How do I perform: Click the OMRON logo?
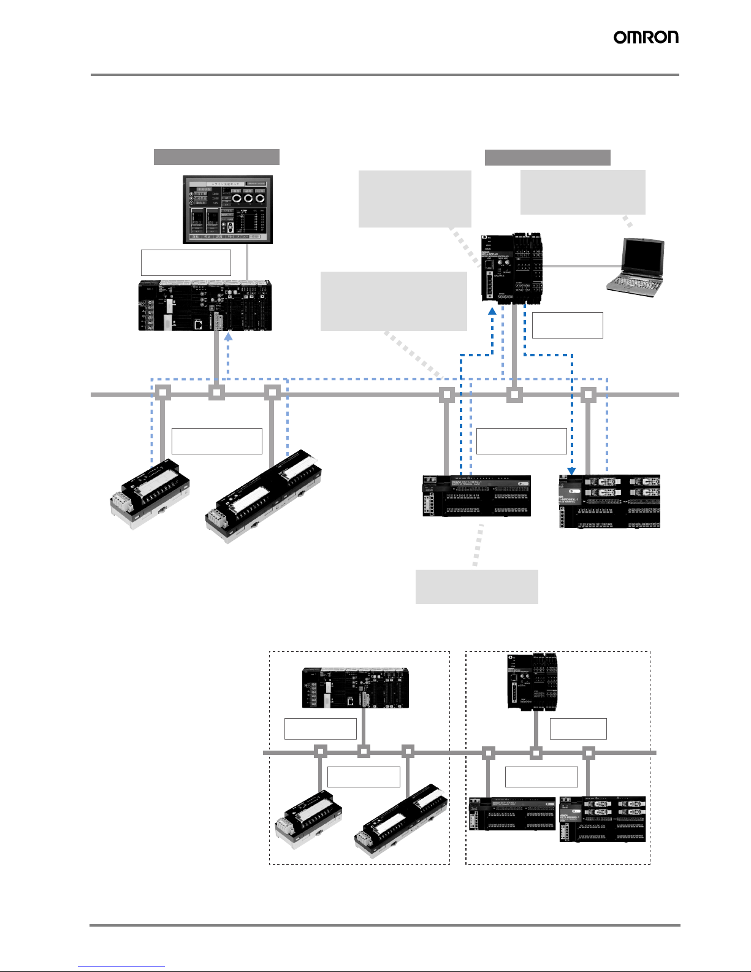[646, 37]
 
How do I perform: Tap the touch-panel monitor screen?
[227, 209]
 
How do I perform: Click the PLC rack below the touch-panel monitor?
[205, 305]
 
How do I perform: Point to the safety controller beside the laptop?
[511, 268]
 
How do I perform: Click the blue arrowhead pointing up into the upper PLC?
[228, 335]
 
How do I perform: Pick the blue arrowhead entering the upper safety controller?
[492, 312]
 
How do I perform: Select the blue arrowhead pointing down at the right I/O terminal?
[571, 471]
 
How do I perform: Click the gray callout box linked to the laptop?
[582, 192]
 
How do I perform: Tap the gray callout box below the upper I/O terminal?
[476, 586]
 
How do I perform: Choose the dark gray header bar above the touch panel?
[216, 156]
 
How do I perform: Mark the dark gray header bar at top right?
[547, 157]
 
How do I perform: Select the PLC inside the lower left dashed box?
[355, 687]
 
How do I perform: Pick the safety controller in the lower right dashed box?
[532, 681]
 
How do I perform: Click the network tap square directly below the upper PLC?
[216, 393]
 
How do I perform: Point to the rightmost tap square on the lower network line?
[589, 752]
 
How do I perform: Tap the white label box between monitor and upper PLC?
[186, 262]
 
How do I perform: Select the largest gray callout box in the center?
[394, 301]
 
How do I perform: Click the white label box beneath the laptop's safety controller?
[567, 325]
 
